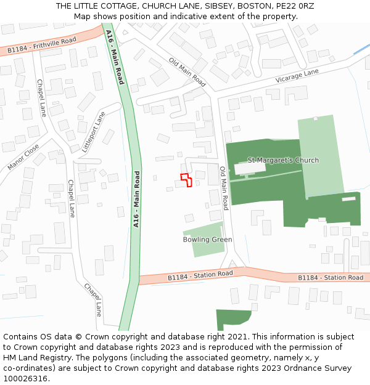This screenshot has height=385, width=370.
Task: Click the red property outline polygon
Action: [186, 180]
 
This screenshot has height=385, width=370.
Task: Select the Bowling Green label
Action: [207, 240]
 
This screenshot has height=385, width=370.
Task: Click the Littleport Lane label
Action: [93, 132]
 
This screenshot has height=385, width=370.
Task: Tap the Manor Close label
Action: [23, 158]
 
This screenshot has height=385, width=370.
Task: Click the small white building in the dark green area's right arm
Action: [349, 198]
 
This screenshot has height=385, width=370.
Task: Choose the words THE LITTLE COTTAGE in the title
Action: [95, 6]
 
